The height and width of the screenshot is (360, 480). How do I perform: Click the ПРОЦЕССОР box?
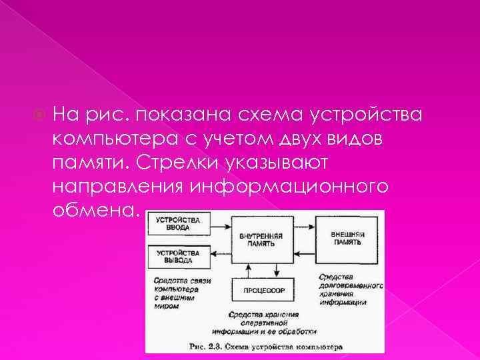click(x=262, y=290)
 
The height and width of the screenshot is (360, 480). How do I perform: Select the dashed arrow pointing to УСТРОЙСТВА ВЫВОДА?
click(x=219, y=255)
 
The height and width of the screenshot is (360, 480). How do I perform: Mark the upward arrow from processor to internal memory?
click(x=249, y=270)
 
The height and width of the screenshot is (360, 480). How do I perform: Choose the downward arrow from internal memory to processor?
click(x=277, y=270)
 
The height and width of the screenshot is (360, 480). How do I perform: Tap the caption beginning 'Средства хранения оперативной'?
click(x=263, y=322)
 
